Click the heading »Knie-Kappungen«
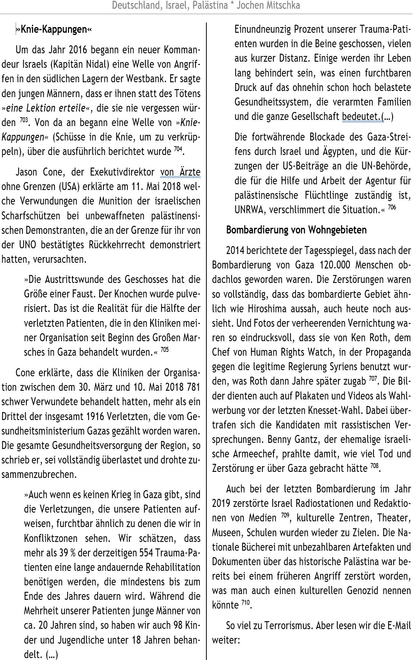point(53,30)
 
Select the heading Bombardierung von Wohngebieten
point(296,230)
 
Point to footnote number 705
point(164,349)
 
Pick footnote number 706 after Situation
point(391,208)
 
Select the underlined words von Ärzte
point(180,172)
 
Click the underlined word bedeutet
point(361,116)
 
